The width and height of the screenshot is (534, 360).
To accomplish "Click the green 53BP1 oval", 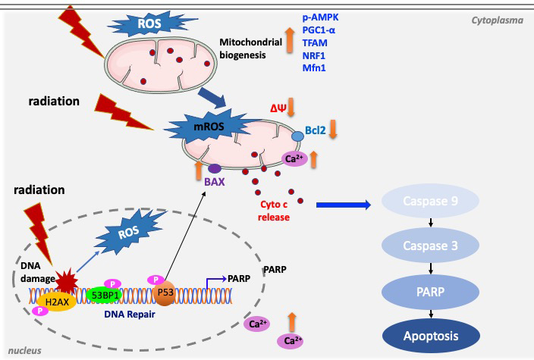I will [x=105, y=294].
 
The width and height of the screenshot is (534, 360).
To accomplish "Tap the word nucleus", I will [x=24, y=350].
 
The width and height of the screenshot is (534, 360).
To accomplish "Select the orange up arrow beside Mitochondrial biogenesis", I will [x=288, y=39].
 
